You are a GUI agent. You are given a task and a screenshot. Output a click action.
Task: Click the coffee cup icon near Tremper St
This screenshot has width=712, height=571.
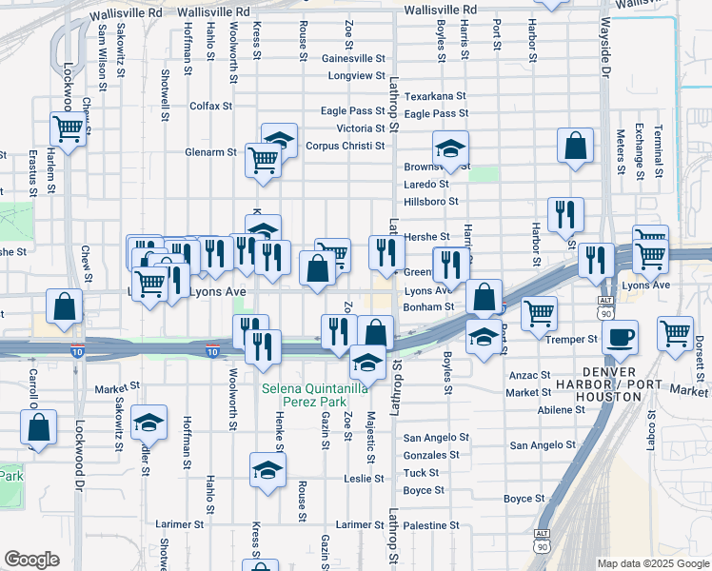coord(620,337)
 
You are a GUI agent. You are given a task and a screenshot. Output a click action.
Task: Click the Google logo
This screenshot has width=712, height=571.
coord(31,560)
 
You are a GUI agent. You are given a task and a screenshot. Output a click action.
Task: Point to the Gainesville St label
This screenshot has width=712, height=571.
coord(352,59)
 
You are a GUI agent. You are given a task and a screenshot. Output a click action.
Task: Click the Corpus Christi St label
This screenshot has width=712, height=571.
coord(345,147)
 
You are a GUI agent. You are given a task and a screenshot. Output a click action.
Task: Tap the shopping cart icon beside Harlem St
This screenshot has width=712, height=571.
coord(66,128)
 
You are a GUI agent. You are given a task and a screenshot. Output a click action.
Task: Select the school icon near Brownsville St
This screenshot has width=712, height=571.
coord(450,148)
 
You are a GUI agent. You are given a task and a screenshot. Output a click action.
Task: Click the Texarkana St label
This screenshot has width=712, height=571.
coord(435,97)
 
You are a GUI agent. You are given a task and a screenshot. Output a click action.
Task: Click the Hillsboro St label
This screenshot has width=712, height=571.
coord(431,202)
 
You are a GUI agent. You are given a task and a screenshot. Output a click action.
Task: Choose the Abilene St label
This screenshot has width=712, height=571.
coord(535,409)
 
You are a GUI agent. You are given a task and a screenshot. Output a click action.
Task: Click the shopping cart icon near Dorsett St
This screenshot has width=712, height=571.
coord(675,334)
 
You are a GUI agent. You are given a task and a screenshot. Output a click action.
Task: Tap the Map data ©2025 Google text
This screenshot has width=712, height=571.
coord(653,563)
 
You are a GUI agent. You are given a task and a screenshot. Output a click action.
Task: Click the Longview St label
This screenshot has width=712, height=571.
coord(355,76)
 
